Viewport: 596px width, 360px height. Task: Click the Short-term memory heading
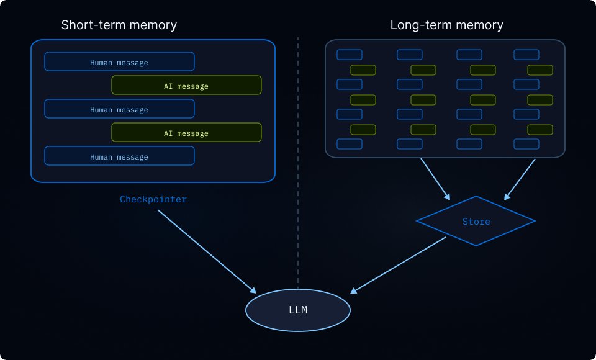[119, 25]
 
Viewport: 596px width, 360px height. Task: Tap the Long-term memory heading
[446, 25]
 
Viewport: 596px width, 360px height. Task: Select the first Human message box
[119, 62]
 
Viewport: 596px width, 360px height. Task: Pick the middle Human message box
[119, 109]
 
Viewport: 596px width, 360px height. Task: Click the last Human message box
[119, 156]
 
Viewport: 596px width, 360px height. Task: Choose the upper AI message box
[186, 86]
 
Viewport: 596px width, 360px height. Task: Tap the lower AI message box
[186, 133]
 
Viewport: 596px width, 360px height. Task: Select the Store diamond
[476, 221]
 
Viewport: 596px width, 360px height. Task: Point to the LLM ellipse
[298, 310]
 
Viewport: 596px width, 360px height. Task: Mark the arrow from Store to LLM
[399, 265]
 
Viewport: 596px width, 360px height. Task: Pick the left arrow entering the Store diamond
[435, 179]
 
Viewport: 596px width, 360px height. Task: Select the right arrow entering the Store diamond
[520, 179]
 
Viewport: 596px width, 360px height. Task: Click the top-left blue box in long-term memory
[349, 55]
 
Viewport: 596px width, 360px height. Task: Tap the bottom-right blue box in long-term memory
[526, 144]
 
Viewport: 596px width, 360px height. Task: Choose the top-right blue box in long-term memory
[526, 55]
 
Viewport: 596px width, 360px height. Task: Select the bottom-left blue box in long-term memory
[349, 144]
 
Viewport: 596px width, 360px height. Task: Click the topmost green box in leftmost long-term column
[363, 70]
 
